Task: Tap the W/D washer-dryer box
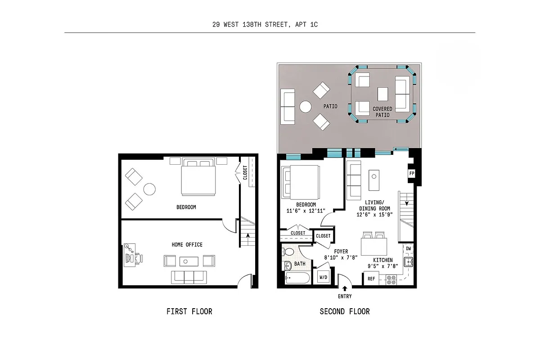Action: [324, 277]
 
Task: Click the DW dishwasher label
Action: [408, 248]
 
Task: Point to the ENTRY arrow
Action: [345, 288]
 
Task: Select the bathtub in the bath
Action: [297, 278]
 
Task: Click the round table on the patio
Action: [306, 107]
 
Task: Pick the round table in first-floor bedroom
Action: [149, 189]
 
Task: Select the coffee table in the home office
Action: [188, 261]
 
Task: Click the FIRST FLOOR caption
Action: [189, 311]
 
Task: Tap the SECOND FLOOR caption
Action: [345, 311]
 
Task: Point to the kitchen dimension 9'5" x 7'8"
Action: [382, 266]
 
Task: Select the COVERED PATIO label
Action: [382, 112]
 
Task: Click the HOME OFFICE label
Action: [187, 245]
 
